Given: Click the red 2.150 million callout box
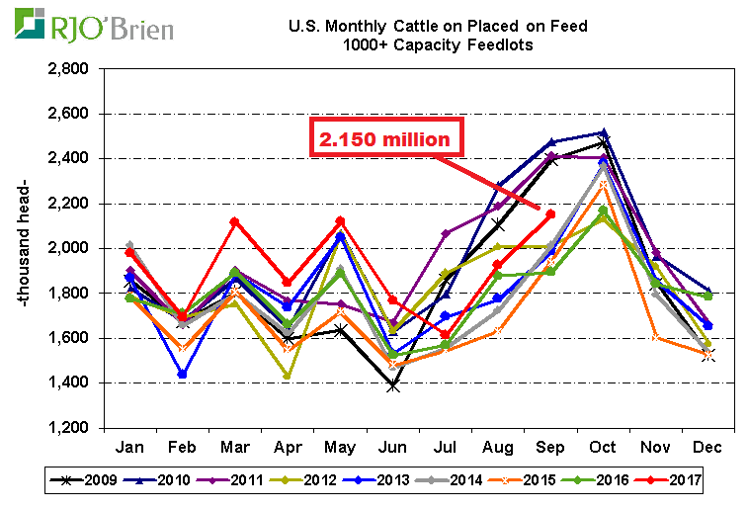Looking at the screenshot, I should (387, 138).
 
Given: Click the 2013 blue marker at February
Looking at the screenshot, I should (184, 375).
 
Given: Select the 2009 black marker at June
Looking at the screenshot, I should (393, 385).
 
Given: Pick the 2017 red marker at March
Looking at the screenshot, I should (236, 222).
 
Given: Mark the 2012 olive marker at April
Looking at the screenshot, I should (289, 376).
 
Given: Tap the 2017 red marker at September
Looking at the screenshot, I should (550, 214).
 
